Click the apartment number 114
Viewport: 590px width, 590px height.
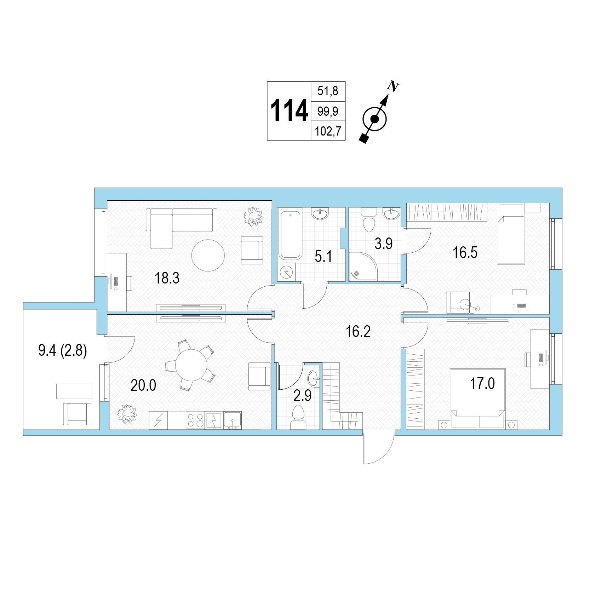coord(289,110)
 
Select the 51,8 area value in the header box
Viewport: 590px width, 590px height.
coord(328,91)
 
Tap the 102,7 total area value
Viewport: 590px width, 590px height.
coord(328,131)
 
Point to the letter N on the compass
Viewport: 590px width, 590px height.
coord(393,86)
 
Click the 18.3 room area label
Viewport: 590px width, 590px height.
coord(167,279)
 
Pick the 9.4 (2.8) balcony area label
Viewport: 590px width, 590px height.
coord(62,352)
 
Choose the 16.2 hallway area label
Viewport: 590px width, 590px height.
coord(358,332)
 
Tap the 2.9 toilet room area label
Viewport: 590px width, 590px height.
coord(303,396)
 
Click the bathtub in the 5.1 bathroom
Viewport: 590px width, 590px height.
coord(290,234)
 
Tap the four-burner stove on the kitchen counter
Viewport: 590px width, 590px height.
coord(195,420)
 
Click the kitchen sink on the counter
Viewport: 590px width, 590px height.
coord(232,420)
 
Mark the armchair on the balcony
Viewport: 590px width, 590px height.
coord(77,414)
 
